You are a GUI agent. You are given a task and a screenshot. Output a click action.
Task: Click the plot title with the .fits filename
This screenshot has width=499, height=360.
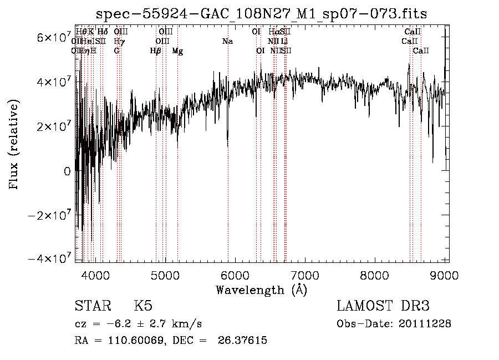tap(262, 13)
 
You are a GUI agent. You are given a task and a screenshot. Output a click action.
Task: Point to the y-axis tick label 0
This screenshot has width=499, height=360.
tap(67, 171)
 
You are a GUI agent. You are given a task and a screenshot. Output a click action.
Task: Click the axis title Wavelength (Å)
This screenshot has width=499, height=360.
tap(261, 290)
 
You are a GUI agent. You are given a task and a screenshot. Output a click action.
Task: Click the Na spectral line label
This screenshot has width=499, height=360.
tap(227, 41)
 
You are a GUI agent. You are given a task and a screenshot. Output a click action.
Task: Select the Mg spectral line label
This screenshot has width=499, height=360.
tap(177, 51)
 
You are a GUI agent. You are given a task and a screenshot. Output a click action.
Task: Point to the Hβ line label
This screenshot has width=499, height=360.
tap(156, 51)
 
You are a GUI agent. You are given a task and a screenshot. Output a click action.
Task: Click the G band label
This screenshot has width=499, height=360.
tap(116, 51)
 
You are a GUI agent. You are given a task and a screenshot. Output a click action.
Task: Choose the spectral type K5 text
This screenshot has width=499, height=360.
tap(143, 306)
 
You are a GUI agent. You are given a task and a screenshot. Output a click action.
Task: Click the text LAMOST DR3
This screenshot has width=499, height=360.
tap(383, 306)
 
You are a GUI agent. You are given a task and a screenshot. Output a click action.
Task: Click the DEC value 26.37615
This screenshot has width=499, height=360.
tap(243, 340)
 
